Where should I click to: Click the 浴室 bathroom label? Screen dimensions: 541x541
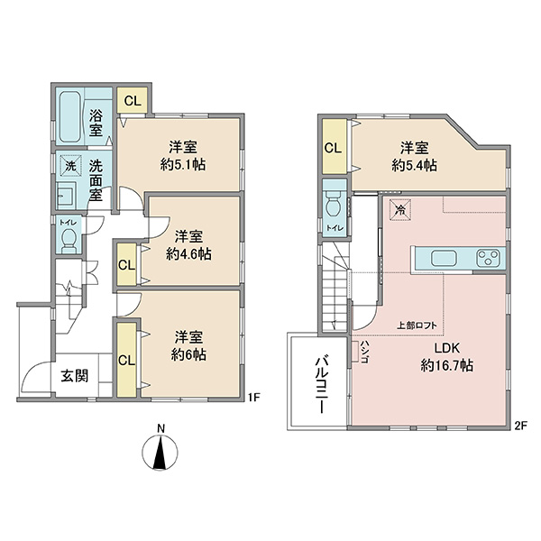click(x=96, y=123)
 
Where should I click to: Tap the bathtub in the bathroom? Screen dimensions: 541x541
click(x=70, y=116)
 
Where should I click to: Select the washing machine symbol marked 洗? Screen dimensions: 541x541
click(x=70, y=166)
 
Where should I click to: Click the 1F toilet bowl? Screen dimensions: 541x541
click(x=69, y=239)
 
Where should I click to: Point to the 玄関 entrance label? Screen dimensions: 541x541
click(x=75, y=376)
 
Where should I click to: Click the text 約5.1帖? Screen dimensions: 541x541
click(x=183, y=165)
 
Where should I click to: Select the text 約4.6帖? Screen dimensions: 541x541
click(x=188, y=254)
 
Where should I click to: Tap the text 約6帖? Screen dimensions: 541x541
click(x=188, y=354)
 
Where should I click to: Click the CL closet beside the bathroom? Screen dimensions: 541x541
click(x=133, y=100)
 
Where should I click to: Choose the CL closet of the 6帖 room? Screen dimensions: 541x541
click(x=126, y=360)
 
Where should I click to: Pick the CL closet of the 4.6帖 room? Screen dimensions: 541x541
click(x=126, y=265)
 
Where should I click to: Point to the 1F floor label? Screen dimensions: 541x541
click(x=253, y=398)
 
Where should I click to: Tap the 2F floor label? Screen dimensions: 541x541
click(x=521, y=426)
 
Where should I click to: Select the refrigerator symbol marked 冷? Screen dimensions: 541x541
click(x=400, y=209)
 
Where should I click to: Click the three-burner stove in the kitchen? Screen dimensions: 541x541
click(x=488, y=258)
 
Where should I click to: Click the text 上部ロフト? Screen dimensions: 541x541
click(x=417, y=325)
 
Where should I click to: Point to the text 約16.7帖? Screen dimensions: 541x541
click(x=447, y=365)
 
